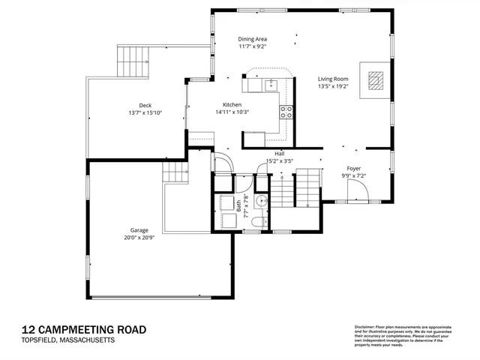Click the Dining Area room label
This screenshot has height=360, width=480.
click(253, 39)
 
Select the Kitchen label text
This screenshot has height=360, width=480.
click(232, 104)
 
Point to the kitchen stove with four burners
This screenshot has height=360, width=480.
click(286, 112)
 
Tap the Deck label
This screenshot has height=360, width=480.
click(145, 105)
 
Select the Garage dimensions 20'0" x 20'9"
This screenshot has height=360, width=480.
click(138, 238)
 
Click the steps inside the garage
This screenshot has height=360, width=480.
click(175, 172)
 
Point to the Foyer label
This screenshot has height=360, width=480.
click(354, 169)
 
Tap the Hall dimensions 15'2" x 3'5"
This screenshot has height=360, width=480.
click(278, 160)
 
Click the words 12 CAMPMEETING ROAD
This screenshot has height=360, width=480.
click(84, 329)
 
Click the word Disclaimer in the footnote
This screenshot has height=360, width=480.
click(365, 328)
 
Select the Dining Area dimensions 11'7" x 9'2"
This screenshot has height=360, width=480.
click(253, 46)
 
